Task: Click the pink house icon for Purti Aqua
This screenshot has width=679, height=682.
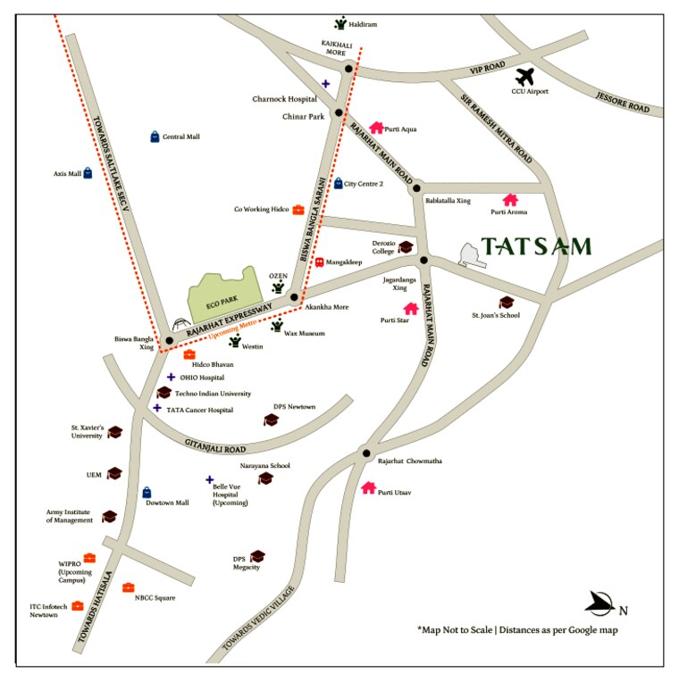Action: pos(376,129)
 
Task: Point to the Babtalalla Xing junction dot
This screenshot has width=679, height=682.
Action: pos(415,188)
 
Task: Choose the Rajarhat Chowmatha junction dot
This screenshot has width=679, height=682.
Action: pos(365,453)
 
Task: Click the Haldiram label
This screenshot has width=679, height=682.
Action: pos(362,24)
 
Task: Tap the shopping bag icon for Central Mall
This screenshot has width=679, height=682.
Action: pos(155,137)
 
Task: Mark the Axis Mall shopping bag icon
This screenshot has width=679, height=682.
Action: pos(88,174)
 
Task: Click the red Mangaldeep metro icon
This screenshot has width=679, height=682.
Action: pos(319,262)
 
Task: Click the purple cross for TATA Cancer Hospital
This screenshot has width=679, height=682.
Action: pos(157,408)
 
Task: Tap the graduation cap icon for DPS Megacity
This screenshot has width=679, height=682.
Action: pos(257,556)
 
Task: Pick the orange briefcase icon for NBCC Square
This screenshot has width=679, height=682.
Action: pos(129,587)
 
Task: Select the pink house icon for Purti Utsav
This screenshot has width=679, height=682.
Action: pos(368,488)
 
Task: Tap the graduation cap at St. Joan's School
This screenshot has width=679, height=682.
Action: pos(506,303)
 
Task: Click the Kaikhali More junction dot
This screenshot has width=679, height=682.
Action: pos(349,68)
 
